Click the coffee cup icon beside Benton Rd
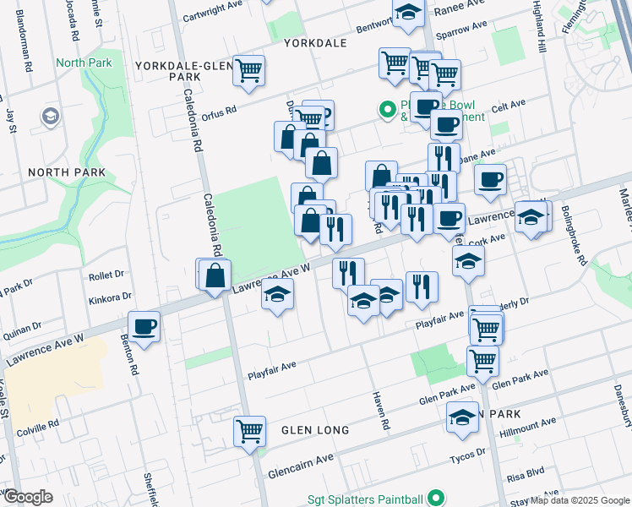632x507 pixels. point(144,326)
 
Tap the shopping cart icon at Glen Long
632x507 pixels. point(249,431)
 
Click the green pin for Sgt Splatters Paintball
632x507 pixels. point(435,499)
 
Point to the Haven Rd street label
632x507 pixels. point(381,408)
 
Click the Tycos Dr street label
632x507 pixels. point(471,453)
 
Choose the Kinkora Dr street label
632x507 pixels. point(112,297)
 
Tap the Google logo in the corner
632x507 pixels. point(28,496)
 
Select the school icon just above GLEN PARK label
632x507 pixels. point(462,418)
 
